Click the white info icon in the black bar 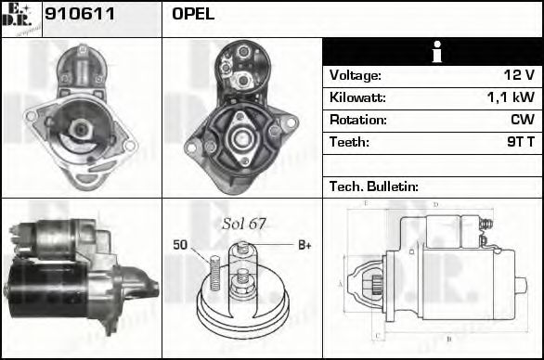(432, 52)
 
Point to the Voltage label (356, 75)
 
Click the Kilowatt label (357, 97)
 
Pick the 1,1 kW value (510, 97)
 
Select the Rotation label (357, 120)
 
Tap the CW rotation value (522, 120)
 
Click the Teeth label (349, 142)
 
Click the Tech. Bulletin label (373, 186)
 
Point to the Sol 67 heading (244, 224)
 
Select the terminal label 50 (180, 245)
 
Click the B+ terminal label (304, 245)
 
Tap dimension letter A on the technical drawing (340, 283)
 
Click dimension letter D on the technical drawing (435, 204)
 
